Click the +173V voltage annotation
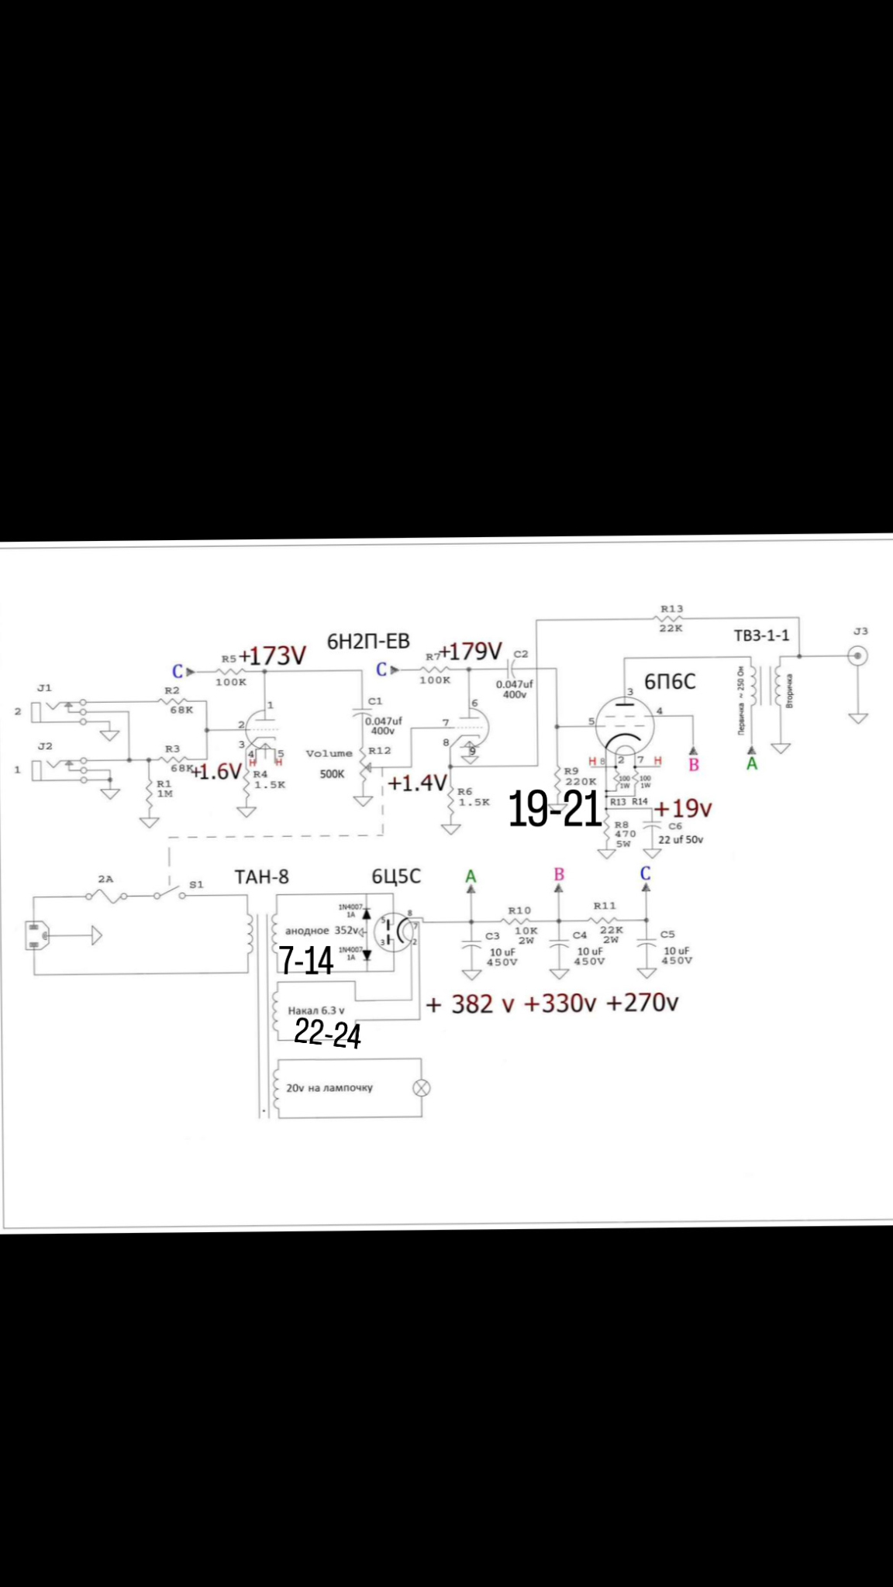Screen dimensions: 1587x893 click(273, 656)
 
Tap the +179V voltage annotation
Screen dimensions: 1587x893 click(471, 652)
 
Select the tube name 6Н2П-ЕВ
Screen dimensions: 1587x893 click(368, 642)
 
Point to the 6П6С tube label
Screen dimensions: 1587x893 click(670, 681)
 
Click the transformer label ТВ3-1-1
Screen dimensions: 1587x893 click(761, 635)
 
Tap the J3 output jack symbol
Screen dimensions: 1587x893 click(857, 656)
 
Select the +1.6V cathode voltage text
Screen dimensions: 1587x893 click(216, 771)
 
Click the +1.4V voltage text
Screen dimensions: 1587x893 click(417, 783)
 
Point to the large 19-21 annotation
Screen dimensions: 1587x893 click(554, 810)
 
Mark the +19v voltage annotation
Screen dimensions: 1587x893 click(683, 808)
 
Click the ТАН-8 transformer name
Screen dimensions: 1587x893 click(262, 876)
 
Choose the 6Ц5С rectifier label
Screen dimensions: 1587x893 click(395, 876)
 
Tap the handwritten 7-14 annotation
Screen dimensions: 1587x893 click(305, 961)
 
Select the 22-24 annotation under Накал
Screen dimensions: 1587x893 click(327, 1033)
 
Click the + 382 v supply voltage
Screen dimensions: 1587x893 click(471, 1004)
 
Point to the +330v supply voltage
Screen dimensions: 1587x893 click(560, 1003)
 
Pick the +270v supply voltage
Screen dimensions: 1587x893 click(642, 1003)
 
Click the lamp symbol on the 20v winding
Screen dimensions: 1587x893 click(422, 1088)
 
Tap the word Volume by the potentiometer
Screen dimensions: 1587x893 click(329, 753)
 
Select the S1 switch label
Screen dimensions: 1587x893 click(196, 884)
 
